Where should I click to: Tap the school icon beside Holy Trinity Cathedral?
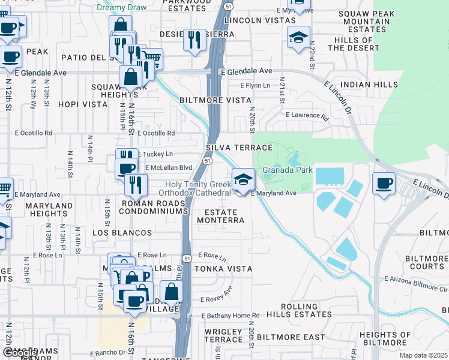[243, 179]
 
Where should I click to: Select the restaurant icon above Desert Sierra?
[194, 40]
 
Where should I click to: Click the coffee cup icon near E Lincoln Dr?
[384, 182]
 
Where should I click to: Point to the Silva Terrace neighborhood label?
[239, 148]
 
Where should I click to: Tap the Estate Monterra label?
[224, 217]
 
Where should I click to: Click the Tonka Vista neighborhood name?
[222, 269]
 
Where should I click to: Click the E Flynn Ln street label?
[255, 86]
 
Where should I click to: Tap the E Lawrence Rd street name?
[307, 115]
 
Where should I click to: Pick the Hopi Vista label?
[83, 104]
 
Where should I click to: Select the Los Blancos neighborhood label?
[122, 232]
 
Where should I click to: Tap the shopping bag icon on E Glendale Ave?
[130, 77]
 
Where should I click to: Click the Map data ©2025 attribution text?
[423, 355]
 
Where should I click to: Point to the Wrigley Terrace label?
[223, 335]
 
